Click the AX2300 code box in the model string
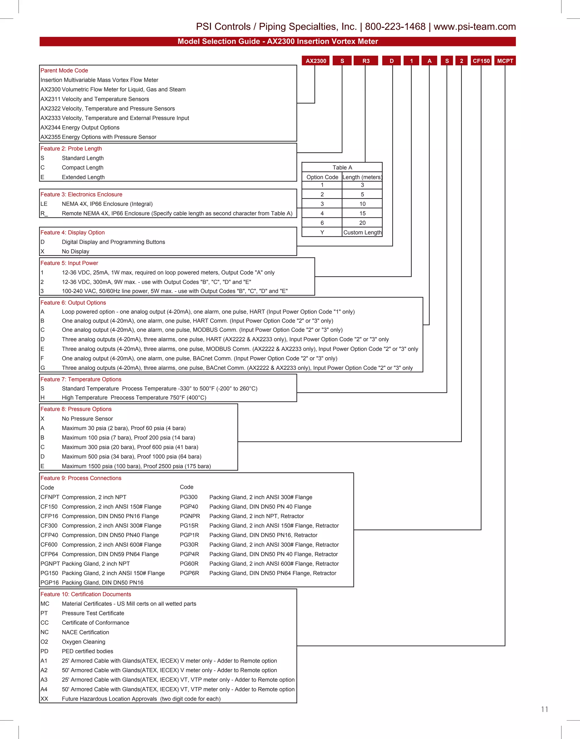(x=315, y=61)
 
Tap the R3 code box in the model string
(x=366, y=61)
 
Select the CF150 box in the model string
(x=481, y=61)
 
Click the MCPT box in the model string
(x=505, y=61)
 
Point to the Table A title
(x=342, y=167)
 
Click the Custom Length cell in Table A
(x=362, y=232)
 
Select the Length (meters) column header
(x=362, y=177)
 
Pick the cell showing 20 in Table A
(x=362, y=223)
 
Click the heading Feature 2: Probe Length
(x=71, y=149)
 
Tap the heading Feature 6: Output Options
(x=73, y=303)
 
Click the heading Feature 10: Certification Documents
(x=86, y=594)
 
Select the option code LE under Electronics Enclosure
(x=44, y=204)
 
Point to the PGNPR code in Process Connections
(x=190, y=516)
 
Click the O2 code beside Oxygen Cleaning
(x=44, y=642)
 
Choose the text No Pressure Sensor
(x=87, y=419)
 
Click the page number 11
(x=544, y=709)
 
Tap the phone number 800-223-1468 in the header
(x=395, y=27)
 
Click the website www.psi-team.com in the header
(x=474, y=27)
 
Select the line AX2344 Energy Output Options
(x=80, y=128)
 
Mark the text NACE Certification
(x=85, y=632)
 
